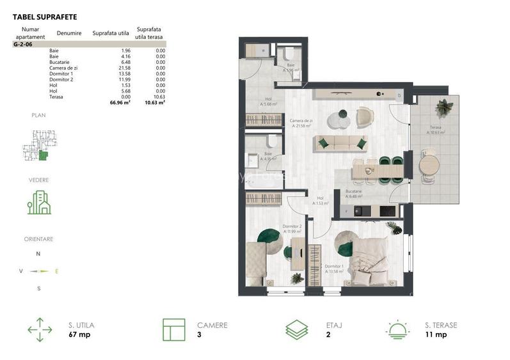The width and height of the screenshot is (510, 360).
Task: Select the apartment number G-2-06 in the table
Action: click(22, 45)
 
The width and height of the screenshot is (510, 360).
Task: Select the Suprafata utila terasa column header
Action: click(148, 33)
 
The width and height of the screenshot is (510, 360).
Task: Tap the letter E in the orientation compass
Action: click(57, 271)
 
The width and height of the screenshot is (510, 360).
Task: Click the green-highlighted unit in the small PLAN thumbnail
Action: click(43, 155)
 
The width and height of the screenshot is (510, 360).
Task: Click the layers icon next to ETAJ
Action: click(297, 329)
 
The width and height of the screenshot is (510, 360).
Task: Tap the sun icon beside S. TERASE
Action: click(399, 329)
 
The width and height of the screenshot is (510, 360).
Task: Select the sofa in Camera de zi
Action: click(340, 143)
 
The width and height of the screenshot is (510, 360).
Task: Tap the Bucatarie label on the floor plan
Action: click(354, 191)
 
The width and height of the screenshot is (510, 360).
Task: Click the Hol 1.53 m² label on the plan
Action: click(320, 201)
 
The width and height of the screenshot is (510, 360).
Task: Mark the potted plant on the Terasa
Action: click(442, 105)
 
